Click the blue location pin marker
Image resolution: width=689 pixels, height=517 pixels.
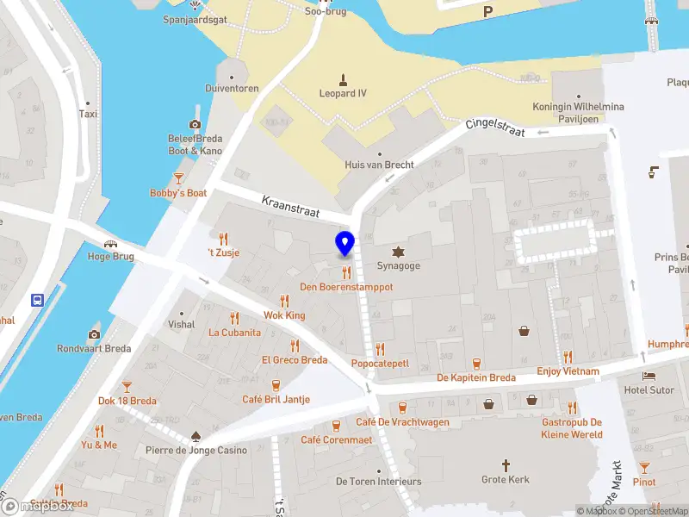[x=344, y=243]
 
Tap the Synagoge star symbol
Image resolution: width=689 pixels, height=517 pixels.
[x=398, y=252]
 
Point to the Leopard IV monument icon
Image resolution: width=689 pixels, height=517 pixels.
[x=343, y=78]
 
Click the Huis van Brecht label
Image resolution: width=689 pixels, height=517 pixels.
[x=379, y=165]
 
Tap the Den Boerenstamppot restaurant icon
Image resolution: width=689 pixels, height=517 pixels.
[x=346, y=271]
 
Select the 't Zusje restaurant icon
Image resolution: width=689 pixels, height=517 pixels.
[x=224, y=238]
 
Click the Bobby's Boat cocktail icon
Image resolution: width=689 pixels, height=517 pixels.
[x=178, y=178]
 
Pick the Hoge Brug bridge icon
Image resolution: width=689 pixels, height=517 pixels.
[x=110, y=243]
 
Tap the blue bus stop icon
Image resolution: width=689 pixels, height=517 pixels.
[x=38, y=301]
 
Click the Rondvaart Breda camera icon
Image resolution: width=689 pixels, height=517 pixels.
[x=94, y=334]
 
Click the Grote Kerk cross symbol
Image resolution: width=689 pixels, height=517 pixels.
[x=506, y=464]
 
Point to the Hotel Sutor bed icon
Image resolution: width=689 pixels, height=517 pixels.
[x=649, y=376]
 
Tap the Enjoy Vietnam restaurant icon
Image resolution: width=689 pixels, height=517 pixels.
[x=568, y=357]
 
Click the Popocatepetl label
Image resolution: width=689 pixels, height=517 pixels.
[x=380, y=364]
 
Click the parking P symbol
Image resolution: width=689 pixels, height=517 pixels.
[x=488, y=11]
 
